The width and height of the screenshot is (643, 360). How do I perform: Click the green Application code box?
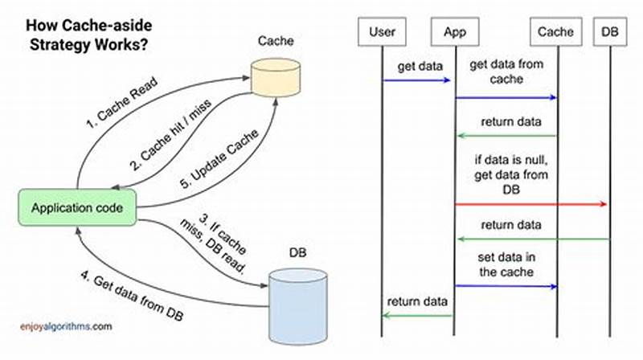[x=77, y=208]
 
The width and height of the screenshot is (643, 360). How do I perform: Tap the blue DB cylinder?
[x=298, y=293]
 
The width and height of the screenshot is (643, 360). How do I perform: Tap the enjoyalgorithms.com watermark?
[x=66, y=327]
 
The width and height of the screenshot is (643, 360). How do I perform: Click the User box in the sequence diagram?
[x=383, y=33]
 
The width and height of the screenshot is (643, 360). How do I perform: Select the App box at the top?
[x=456, y=33]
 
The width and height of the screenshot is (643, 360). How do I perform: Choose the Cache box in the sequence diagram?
[x=556, y=33]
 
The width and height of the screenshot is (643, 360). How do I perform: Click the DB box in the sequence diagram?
[x=610, y=33]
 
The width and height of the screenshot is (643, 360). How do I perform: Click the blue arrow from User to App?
[x=418, y=80]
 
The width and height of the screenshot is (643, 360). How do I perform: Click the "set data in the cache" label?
[x=506, y=264]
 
